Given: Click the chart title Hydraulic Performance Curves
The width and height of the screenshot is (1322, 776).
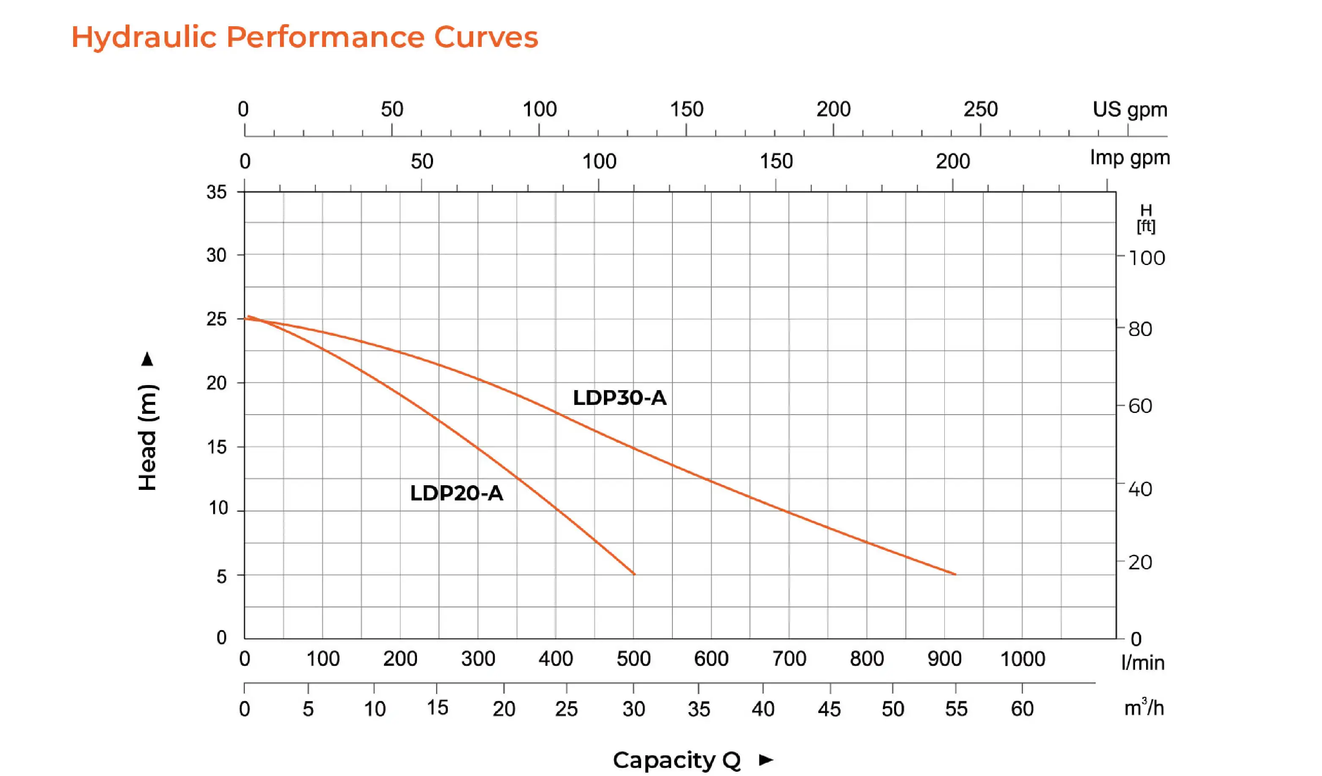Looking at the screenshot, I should pyautogui.click(x=304, y=37).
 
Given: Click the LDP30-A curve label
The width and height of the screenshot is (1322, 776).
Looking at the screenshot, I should pyautogui.click(x=620, y=398).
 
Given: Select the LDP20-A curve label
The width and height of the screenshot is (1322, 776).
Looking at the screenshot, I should pyautogui.click(x=456, y=493).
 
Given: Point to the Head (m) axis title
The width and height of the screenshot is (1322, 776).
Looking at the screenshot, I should pyautogui.click(x=148, y=438).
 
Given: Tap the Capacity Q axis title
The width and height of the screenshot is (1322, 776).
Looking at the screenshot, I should pyautogui.click(x=676, y=760).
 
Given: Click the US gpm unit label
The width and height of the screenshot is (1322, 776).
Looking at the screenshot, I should pyautogui.click(x=1130, y=109).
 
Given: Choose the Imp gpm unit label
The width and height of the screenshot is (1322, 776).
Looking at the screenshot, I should pyautogui.click(x=1130, y=158).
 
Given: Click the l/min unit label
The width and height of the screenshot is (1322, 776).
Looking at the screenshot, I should pyautogui.click(x=1143, y=663).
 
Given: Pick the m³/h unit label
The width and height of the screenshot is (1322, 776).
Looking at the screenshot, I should pyautogui.click(x=1144, y=708).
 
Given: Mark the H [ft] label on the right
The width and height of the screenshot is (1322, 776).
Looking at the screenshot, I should pyautogui.click(x=1146, y=218).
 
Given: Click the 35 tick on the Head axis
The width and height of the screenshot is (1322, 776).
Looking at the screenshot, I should pyautogui.click(x=216, y=192).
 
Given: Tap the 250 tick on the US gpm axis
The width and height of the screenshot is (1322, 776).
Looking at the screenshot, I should pyautogui.click(x=980, y=109).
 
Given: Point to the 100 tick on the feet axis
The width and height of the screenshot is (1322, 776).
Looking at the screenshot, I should pyautogui.click(x=1147, y=258).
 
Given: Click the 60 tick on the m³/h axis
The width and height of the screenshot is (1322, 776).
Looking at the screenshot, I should pyautogui.click(x=1022, y=709).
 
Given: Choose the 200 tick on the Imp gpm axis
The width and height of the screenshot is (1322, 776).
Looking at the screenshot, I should pyautogui.click(x=953, y=161).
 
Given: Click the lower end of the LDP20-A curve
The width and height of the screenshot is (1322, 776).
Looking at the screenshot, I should pyautogui.click(x=634, y=574).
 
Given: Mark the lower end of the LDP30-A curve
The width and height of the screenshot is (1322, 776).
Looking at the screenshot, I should pyautogui.click(x=955, y=574).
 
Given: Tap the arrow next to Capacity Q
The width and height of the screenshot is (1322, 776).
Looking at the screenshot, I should pyautogui.click(x=766, y=759).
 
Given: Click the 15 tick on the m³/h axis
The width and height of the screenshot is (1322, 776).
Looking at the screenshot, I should pyautogui.click(x=437, y=708).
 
